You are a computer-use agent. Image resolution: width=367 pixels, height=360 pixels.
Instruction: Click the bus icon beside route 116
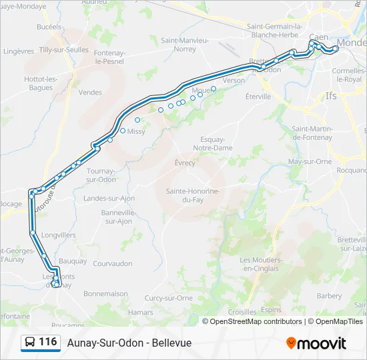coord(30,343)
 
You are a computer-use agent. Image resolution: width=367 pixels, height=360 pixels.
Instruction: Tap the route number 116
coord(47,342)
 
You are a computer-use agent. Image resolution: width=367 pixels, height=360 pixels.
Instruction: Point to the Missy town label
coord(136,131)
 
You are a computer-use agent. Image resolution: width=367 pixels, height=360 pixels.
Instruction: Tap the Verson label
coord(234,80)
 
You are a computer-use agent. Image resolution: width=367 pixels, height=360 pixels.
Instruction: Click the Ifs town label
coord(332,96)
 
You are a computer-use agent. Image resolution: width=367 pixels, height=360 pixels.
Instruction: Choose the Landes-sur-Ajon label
coord(109,198)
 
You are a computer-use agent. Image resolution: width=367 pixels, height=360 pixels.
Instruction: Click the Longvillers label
coord(58,235)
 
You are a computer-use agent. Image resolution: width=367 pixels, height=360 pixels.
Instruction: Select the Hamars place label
coord(140,311)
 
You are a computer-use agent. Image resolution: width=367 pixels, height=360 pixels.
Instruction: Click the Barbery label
coord(330,295)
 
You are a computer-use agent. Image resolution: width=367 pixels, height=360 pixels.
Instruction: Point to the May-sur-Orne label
coord(310,161)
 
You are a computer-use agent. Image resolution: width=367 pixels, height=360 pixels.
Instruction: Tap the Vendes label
coord(90,93)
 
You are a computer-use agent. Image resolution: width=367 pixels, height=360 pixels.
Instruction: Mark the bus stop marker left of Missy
coord(123,131)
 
